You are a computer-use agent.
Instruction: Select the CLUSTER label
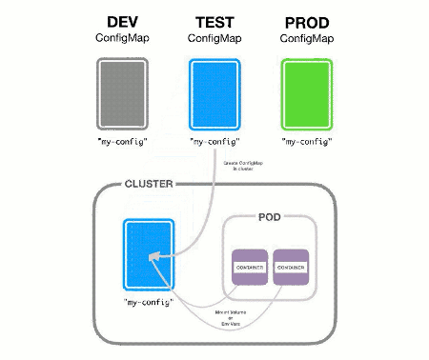148,184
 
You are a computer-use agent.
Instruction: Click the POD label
270,217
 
